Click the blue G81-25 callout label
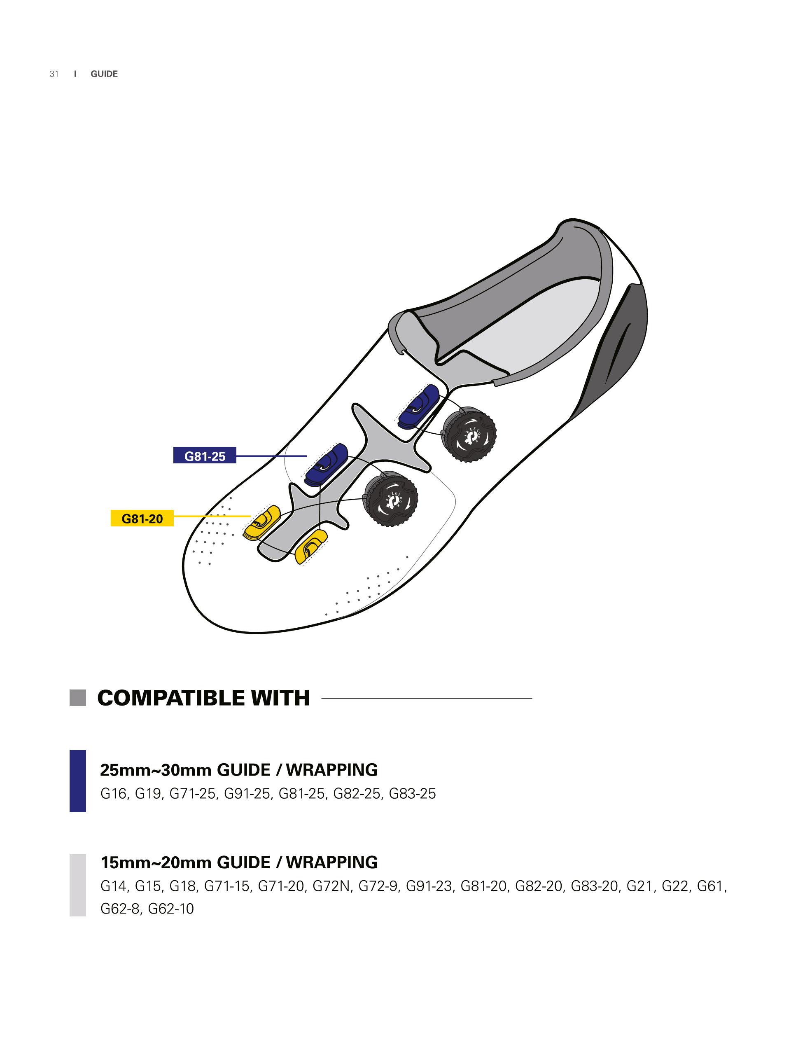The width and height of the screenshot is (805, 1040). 205,456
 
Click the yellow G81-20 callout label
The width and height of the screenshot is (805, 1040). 142,518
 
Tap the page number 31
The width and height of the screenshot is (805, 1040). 54,74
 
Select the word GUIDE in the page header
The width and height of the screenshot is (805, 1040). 104,74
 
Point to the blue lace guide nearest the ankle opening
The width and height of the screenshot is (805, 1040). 418,406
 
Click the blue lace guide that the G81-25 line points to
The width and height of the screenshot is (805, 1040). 326,464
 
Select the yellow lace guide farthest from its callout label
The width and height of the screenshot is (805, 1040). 311,546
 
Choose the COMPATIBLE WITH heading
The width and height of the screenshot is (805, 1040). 203,698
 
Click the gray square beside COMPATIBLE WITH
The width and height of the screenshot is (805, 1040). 77,698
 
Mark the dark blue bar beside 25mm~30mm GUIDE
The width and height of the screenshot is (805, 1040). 77,781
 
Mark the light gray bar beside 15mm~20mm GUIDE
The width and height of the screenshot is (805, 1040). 77,885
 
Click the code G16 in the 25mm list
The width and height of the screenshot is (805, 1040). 113,794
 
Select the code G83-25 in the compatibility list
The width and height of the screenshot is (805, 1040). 412,794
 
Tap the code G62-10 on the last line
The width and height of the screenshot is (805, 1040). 171,909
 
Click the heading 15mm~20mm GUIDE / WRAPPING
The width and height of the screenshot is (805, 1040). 239,862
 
